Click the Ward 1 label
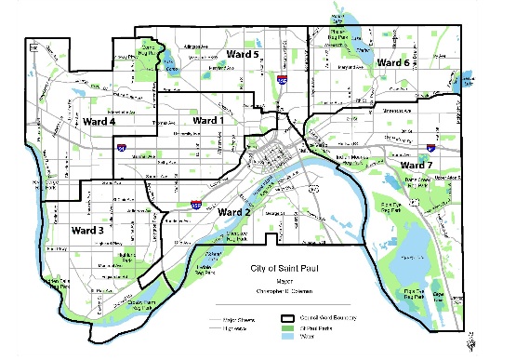[209, 120]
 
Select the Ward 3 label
[87, 230]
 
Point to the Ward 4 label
[99, 122]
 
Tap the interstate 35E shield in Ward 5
[282, 81]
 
